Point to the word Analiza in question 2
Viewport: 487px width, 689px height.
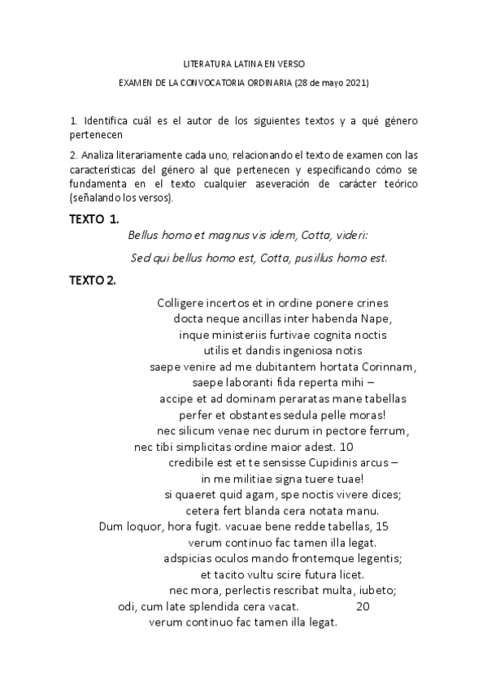tap(99, 154)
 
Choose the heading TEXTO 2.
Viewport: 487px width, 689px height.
tap(93, 280)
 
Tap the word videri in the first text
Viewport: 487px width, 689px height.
tap(350, 236)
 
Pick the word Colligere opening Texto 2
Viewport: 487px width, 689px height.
tap(181, 303)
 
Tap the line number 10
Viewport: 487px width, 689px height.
tap(346, 446)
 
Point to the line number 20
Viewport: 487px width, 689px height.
tap(363, 606)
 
